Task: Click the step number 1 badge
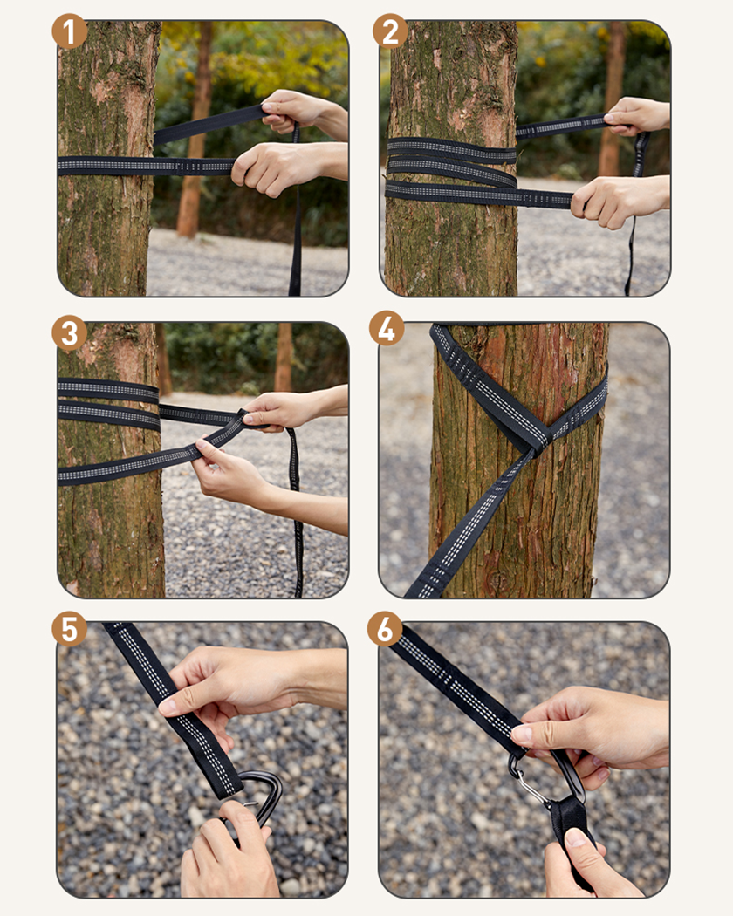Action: (x=70, y=31)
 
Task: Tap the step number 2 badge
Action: (x=390, y=31)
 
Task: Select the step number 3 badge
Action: (x=70, y=333)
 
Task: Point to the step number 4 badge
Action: (x=387, y=328)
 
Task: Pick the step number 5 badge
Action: (x=70, y=630)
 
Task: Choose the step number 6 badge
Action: (x=385, y=629)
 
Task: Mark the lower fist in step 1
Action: (x=286, y=167)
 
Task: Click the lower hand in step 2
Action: (x=620, y=201)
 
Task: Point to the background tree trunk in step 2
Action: (x=612, y=99)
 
